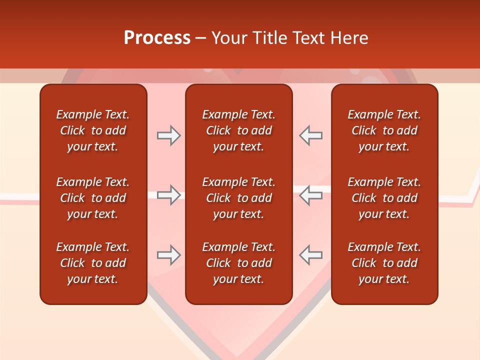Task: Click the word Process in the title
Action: [157, 38]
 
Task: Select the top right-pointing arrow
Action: [168, 135]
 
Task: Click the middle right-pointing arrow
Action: [168, 195]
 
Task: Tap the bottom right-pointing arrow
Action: [168, 255]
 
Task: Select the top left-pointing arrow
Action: [310, 135]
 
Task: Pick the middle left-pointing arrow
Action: [310, 195]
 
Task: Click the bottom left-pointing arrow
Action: [310, 255]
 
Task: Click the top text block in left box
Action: [93, 130]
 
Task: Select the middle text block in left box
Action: [93, 198]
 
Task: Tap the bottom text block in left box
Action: [93, 263]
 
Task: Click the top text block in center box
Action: [239, 130]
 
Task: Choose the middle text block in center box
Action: [239, 198]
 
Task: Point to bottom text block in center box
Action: [239, 263]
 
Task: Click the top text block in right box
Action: [384, 130]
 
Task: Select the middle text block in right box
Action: [384, 198]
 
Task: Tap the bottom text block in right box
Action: [384, 263]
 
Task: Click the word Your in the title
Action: [230, 38]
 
